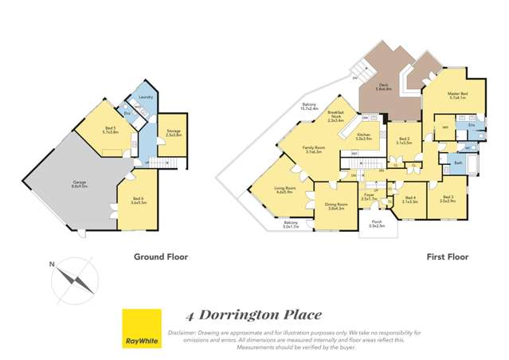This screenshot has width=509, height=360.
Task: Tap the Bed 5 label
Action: [x=111, y=130]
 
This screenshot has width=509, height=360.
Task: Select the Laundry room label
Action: [x=146, y=97]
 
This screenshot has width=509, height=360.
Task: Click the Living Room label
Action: [x=285, y=190]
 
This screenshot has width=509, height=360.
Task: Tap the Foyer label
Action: [x=369, y=194]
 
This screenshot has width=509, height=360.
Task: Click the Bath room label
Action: [x=459, y=162]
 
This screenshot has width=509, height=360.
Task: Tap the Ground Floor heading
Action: [x=155, y=257]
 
